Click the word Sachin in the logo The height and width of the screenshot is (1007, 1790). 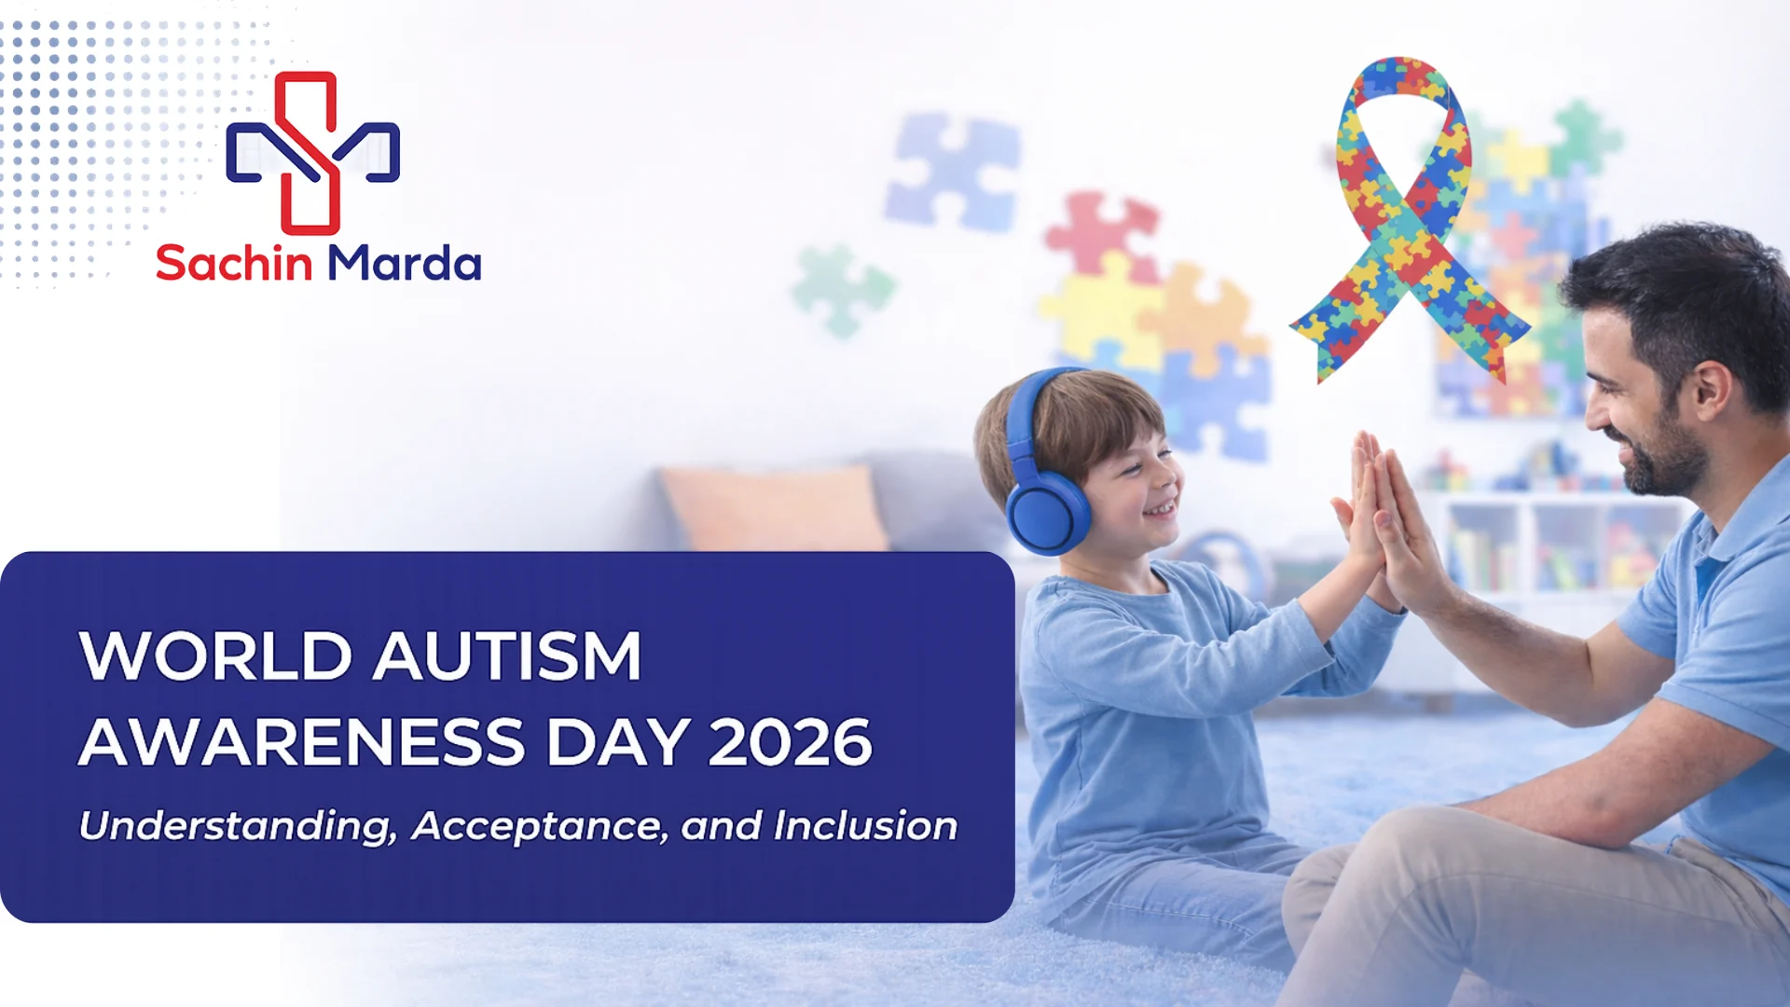233,263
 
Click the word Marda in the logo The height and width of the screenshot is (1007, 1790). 404,263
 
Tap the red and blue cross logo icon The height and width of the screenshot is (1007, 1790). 312,153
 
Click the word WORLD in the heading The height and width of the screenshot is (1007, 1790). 215,655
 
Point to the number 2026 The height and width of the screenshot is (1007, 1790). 790,742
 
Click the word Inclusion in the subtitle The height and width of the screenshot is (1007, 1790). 865,826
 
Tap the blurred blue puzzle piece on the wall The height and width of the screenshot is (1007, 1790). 953,171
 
